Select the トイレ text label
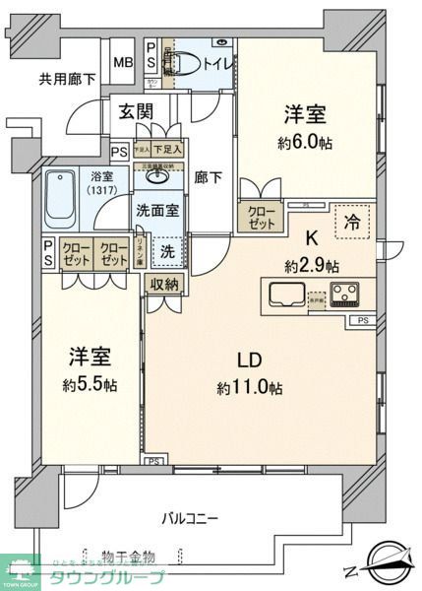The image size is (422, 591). click(213, 64)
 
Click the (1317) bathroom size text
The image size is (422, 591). click(100, 189)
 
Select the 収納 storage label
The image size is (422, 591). click(165, 284)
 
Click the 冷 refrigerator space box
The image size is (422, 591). click(351, 222)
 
